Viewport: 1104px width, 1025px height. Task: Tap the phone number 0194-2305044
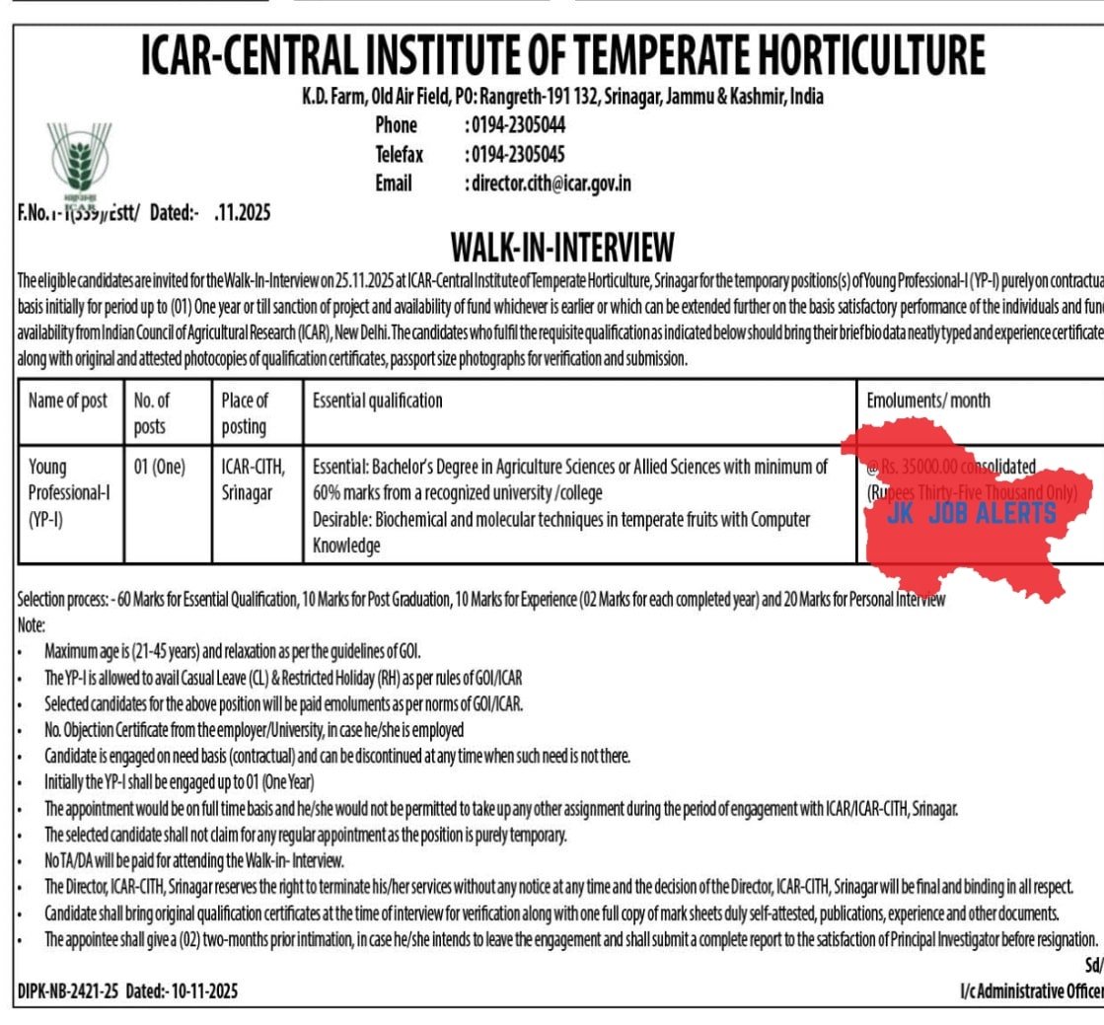point(515,126)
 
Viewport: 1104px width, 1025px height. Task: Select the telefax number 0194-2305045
point(515,155)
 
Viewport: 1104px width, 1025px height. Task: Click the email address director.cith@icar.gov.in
point(550,183)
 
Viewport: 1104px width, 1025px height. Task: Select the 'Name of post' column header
point(68,401)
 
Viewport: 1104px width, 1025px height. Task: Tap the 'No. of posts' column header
point(152,413)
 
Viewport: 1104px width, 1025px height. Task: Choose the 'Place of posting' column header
point(245,413)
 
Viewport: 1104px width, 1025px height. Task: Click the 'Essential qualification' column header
point(377,401)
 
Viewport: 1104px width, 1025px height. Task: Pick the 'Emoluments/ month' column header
point(928,401)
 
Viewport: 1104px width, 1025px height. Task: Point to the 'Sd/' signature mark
point(1092,965)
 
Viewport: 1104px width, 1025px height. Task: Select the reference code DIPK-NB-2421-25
point(68,990)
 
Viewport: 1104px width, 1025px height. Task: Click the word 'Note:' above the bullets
point(32,624)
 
